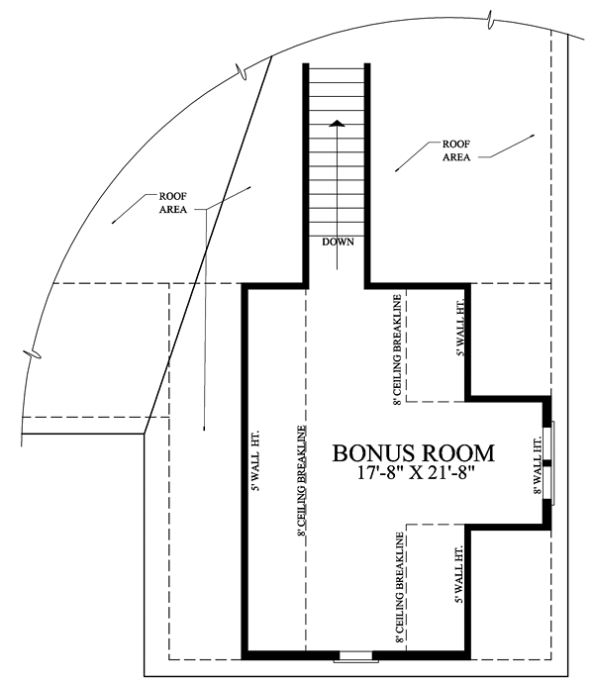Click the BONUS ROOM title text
pyautogui.click(x=413, y=453)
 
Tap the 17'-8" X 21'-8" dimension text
pyautogui.click(x=416, y=473)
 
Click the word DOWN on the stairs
pyautogui.click(x=338, y=242)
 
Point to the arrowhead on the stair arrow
pyautogui.click(x=337, y=123)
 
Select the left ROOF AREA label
pyautogui.click(x=173, y=203)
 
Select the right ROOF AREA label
pyautogui.click(x=456, y=150)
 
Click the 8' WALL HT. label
pyautogui.click(x=538, y=466)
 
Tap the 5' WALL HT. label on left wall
pyautogui.click(x=256, y=460)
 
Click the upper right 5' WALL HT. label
pyautogui.click(x=459, y=328)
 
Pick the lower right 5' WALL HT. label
pyautogui.click(x=459, y=575)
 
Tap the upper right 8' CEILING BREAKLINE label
pyautogui.click(x=397, y=350)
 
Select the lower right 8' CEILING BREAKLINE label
pyautogui.click(x=399, y=588)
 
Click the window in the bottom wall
pyautogui.click(x=356, y=655)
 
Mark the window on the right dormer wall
pyautogui.click(x=549, y=463)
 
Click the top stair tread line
pyautogui.click(x=337, y=68)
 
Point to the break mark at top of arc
pyautogui.click(x=490, y=20)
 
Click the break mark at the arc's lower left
pyautogui.click(x=33, y=353)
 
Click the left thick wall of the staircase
pyautogui.click(x=306, y=175)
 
